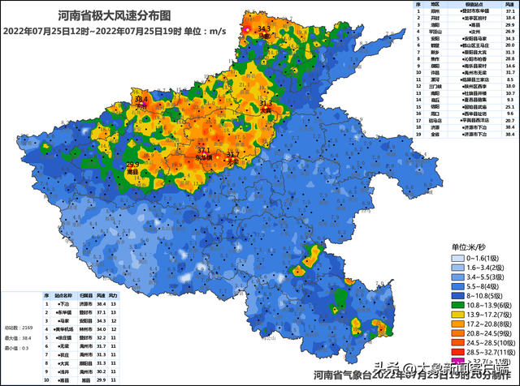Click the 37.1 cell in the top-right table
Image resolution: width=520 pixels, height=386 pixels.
pyautogui.click(x=508, y=12)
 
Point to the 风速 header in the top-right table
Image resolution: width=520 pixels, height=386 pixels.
pyautogui.click(x=508, y=5)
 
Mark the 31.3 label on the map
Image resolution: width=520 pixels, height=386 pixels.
pyautogui.click(x=265, y=105)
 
